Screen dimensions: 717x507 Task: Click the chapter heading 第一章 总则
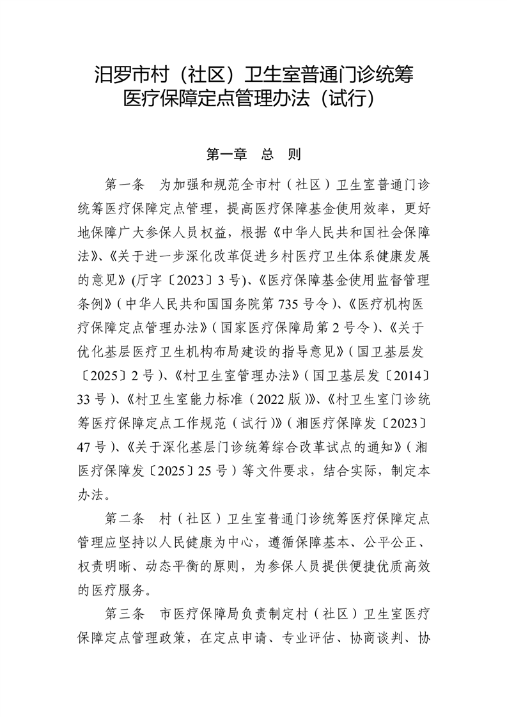pyautogui.click(x=253, y=155)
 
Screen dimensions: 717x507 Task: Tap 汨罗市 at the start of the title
pyautogui.click(x=116, y=74)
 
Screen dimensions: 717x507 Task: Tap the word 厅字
pyautogui.click(x=148, y=280)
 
